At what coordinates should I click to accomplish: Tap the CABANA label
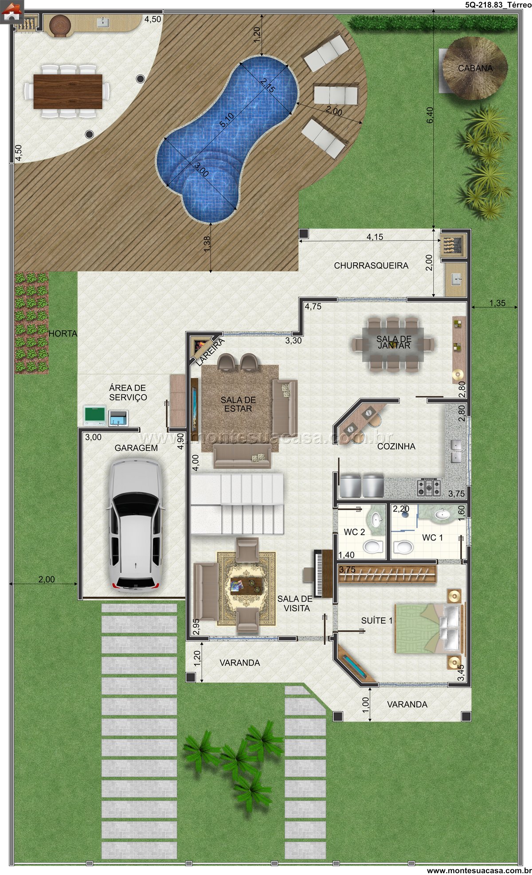point(475,68)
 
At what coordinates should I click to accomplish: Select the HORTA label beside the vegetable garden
point(63,334)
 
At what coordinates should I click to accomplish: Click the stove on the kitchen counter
point(429,487)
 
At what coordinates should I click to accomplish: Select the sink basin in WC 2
point(376,519)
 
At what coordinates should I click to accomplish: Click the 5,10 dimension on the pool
point(227,120)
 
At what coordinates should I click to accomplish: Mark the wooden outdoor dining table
point(68,91)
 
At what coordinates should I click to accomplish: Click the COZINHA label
point(396,446)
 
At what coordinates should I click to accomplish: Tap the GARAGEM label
point(136,448)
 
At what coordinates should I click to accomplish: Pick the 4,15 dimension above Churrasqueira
point(375,237)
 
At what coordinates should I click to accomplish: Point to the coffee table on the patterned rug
point(246,587)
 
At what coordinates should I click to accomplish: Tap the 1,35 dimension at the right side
point(497,303)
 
